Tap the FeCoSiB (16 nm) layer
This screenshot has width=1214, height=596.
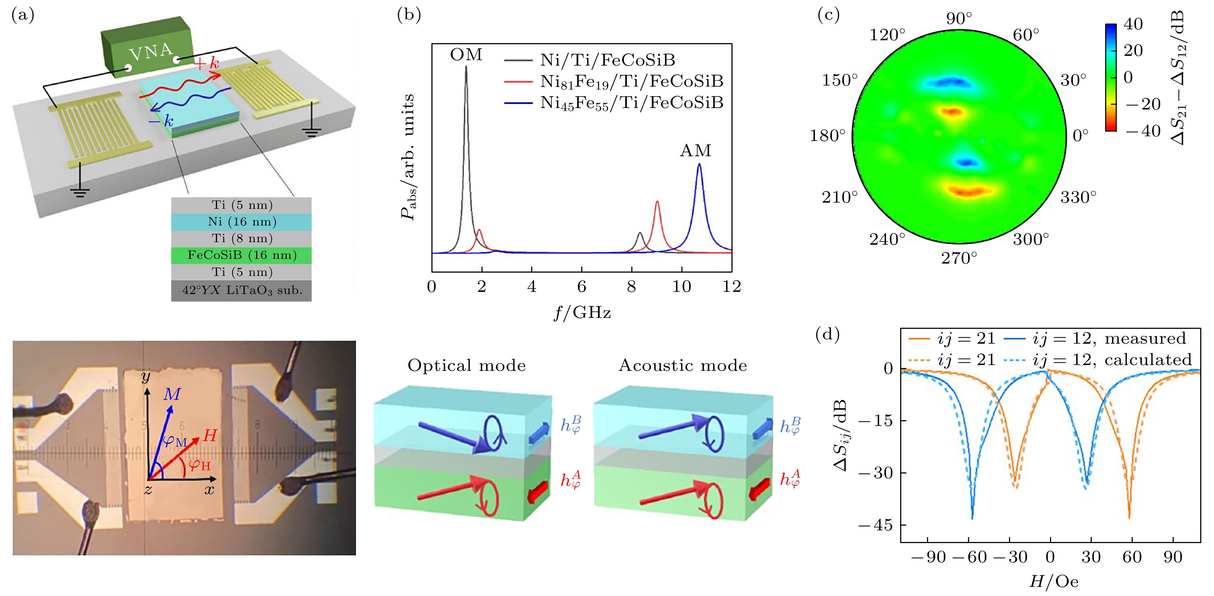pos(241,255)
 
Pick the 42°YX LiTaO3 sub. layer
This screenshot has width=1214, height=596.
pos(241,290)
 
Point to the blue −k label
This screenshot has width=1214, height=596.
pos(161,121)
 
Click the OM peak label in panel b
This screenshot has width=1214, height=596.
pos(466,55)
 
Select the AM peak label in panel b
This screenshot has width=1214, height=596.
pos(696,151)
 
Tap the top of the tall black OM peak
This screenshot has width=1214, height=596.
pos(466,67)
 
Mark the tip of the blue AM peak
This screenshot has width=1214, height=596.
pos(699,164)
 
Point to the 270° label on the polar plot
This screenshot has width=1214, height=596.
pos(959,258)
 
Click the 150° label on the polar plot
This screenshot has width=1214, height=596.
pos(840,80)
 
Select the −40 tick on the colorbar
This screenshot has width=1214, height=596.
pos(1143,131)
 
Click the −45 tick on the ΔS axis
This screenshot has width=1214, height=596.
pos(875,525)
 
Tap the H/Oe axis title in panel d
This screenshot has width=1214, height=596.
pos(1054,582)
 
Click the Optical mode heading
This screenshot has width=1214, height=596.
pos(467,366)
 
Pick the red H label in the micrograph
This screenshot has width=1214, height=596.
pos(210,435)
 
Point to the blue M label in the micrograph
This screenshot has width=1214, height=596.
pos(172,394)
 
